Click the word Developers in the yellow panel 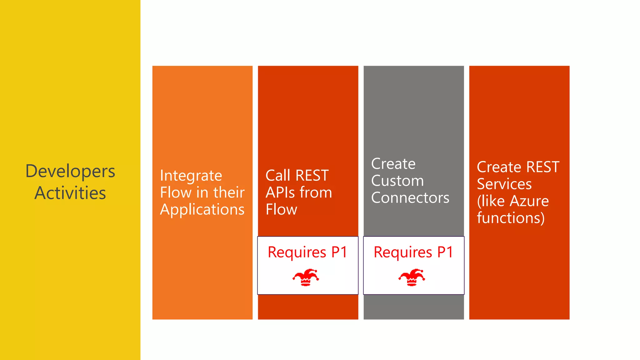tap(70, 172)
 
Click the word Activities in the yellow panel tap(70, 193)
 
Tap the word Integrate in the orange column tap(191, 176)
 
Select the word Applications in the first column tap(202, 210)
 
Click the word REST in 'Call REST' tap(312, 176)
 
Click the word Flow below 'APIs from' tap(281, 209)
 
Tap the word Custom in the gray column tap(397, 181)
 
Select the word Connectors tap(410, 198)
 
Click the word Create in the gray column tap(393, 164)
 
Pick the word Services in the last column tap(504, 184)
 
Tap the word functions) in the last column tap(511, 218)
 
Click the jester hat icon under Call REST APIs tap(306, 277)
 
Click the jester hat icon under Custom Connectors tap(412, 277)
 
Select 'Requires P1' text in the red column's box tap(307, 252)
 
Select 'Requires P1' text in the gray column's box tap(413, 252)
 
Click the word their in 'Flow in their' tap(229, 192)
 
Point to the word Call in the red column tap(278, 176)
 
